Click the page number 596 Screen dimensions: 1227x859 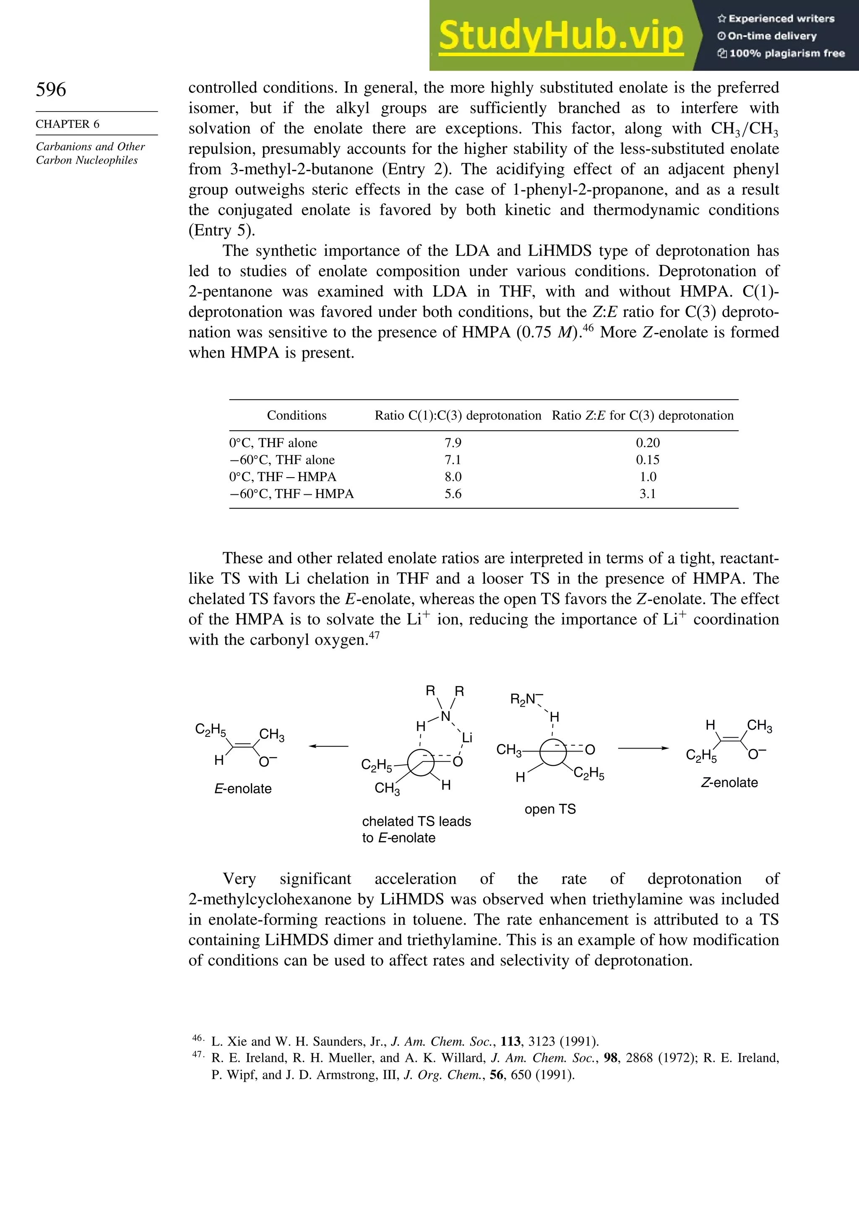[x=51, y=89]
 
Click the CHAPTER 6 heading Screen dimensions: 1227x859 [x=68, y=124]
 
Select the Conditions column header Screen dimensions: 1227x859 [x=296, y=415]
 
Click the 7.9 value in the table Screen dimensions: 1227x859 [x=453, y=442]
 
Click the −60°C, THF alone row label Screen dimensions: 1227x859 [x=282, y=460]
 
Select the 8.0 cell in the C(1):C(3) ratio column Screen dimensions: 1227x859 [x=453, y=477]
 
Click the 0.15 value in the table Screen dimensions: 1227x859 [x=647, y=460]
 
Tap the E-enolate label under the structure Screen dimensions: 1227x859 [x=243, y=789]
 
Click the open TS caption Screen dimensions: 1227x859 [x=550, y=809]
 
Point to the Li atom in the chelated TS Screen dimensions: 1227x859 [x=467, y=738]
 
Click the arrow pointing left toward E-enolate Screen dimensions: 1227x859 [x=328, y=746]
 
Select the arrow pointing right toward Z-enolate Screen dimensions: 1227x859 [x=643, y=748]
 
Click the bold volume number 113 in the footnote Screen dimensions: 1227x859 [x=510, y=1041]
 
